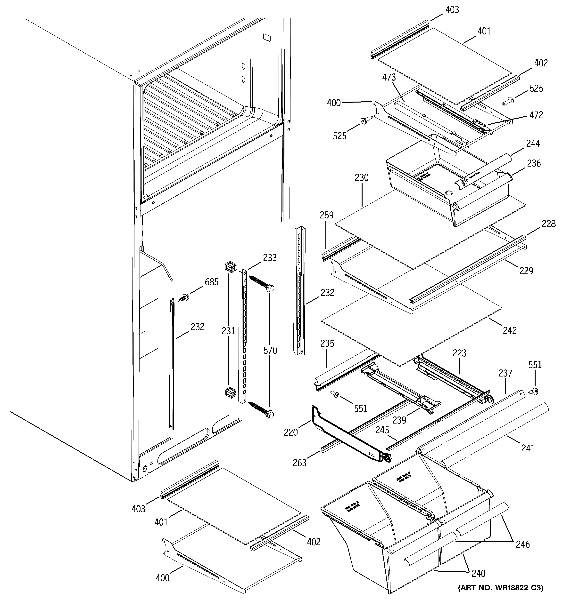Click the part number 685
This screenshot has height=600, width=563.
point(212,282)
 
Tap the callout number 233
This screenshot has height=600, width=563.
point(270,257)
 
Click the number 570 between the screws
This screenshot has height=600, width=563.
point(270,350)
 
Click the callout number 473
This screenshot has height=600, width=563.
point(389,78)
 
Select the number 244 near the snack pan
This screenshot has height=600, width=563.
point(533,144)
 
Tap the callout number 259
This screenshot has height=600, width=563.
point(327,215)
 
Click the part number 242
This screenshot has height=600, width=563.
point(510,330)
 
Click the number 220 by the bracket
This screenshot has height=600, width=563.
point(291,432)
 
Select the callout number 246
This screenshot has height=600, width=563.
point(522,544)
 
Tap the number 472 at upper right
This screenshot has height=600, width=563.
point(536,115)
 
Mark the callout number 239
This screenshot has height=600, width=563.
point(399,420)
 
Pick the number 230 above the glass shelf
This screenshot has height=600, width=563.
point(362,177)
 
